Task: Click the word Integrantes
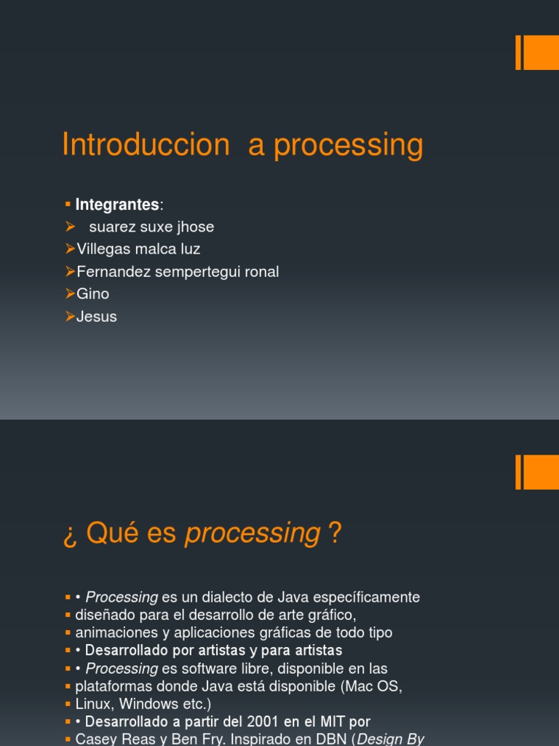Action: pos(117,205)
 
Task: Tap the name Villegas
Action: pos(101,249)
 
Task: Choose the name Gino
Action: pos(92,294)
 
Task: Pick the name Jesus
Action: pos(96,317)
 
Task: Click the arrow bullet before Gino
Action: pos(70,294)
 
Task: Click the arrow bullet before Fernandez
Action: pos(70,272)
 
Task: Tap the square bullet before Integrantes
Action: pos(67,203)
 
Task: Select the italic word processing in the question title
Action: pos(253,534)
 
